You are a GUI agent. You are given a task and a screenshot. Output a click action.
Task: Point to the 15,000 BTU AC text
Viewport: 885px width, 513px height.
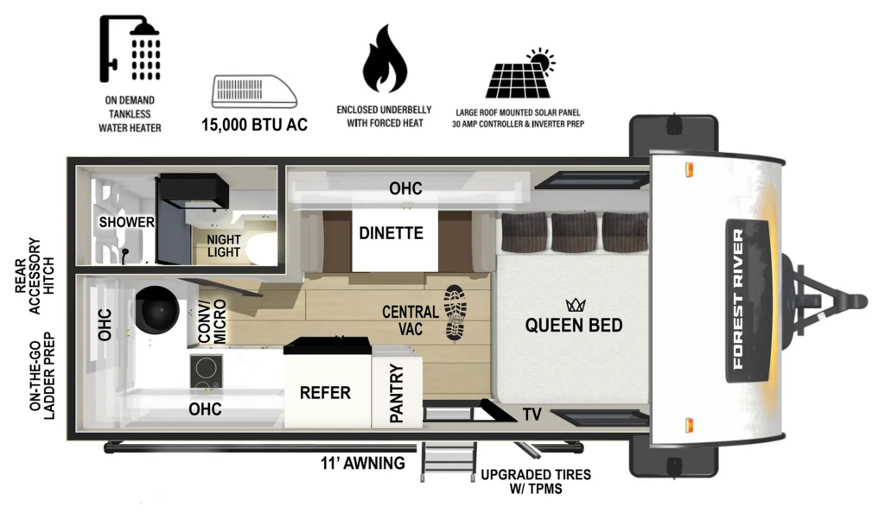click(x=254, y=124)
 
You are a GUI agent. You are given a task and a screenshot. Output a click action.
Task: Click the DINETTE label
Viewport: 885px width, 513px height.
click(x=392, y=233)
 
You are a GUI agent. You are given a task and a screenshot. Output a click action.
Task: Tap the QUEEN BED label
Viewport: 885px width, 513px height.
click(x=574, y=326)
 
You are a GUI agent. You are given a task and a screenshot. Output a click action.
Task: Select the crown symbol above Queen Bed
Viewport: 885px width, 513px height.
click(x=574, y=305)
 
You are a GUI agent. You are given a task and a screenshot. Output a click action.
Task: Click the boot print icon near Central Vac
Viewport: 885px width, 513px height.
click(x=455, y=311)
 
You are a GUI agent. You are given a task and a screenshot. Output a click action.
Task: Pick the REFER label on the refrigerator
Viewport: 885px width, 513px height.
click(x=325, y=393)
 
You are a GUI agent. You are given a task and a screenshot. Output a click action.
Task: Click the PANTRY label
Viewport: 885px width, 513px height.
click(x=397, y=394)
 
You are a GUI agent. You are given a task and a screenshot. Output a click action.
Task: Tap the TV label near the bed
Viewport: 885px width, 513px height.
click(x=532, y=415)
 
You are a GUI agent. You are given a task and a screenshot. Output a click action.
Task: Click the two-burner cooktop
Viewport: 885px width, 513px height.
click(x=206, y=370)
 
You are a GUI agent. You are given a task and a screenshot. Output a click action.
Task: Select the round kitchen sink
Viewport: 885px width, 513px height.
click(x=157, y=308)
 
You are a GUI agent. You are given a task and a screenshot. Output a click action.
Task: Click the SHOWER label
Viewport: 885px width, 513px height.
click(x=126, y=222)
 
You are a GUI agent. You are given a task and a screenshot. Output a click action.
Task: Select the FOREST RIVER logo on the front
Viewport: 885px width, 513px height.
click(x=737, y=298)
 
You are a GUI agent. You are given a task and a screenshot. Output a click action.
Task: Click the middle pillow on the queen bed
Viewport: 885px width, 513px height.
click(x=574, y=231)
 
